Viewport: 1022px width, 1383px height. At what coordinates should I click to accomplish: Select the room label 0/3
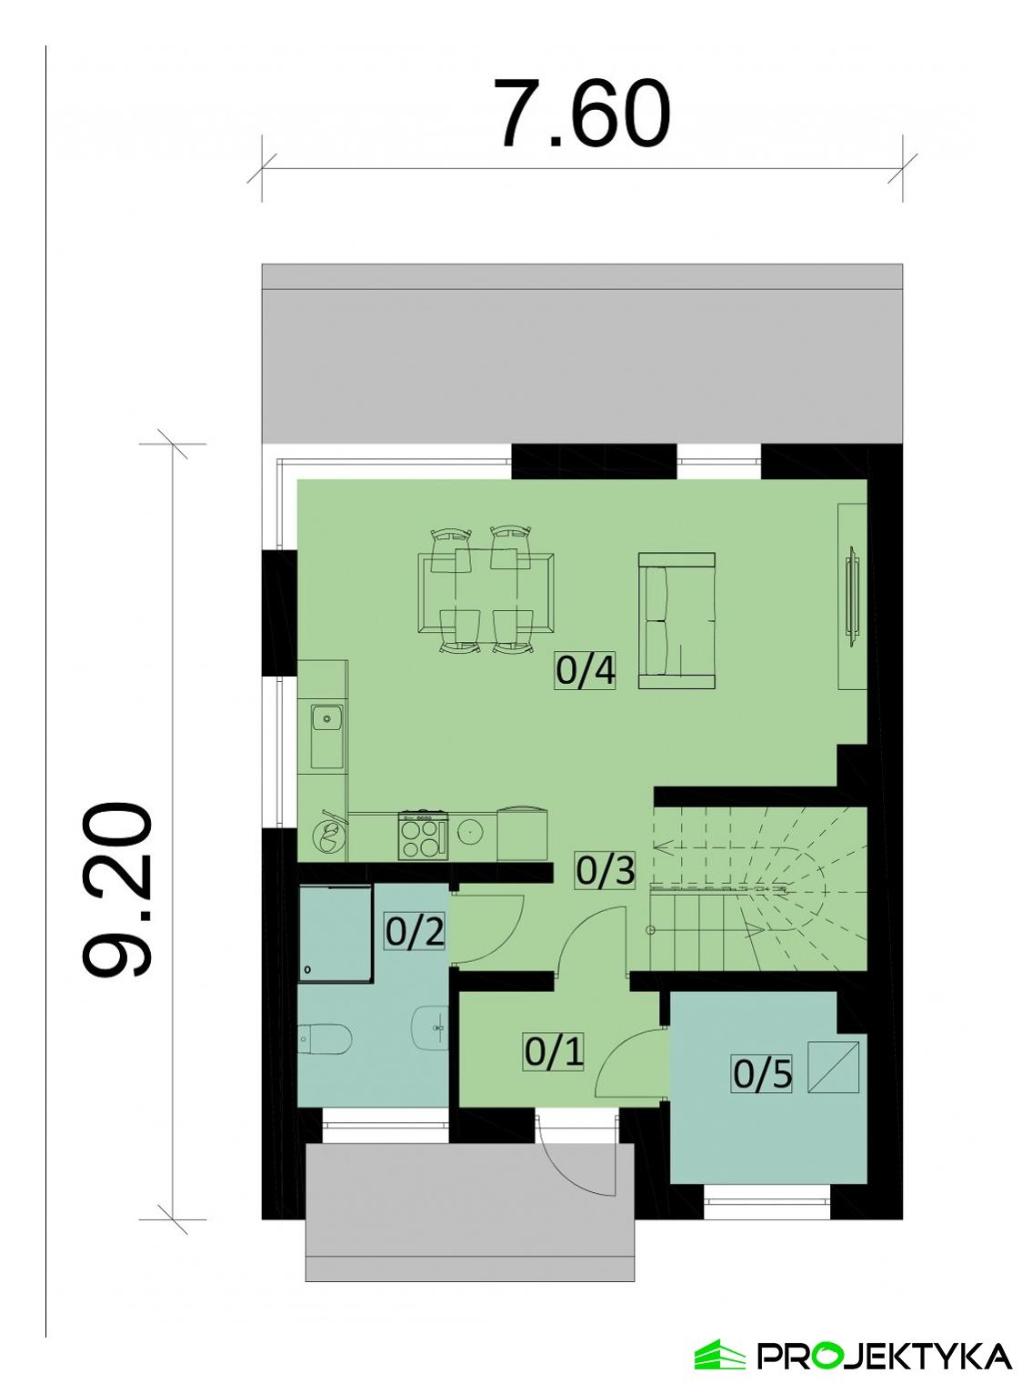(605, 871)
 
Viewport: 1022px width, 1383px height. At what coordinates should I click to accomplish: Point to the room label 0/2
(416, 932)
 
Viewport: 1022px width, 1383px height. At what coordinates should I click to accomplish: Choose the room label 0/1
(553, 1052)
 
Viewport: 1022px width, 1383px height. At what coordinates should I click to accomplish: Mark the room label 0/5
(763, 1075)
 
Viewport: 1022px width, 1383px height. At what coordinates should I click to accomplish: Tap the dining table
(486, 591)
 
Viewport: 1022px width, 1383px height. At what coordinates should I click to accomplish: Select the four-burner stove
(423, 835)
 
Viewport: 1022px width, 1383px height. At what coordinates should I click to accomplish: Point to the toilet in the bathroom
(325, 1038)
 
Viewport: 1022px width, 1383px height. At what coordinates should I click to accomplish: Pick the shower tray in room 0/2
(335, 933)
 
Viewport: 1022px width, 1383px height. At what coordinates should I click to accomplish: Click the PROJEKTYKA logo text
(884, 1356)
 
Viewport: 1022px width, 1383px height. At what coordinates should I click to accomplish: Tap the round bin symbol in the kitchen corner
(328, 835)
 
